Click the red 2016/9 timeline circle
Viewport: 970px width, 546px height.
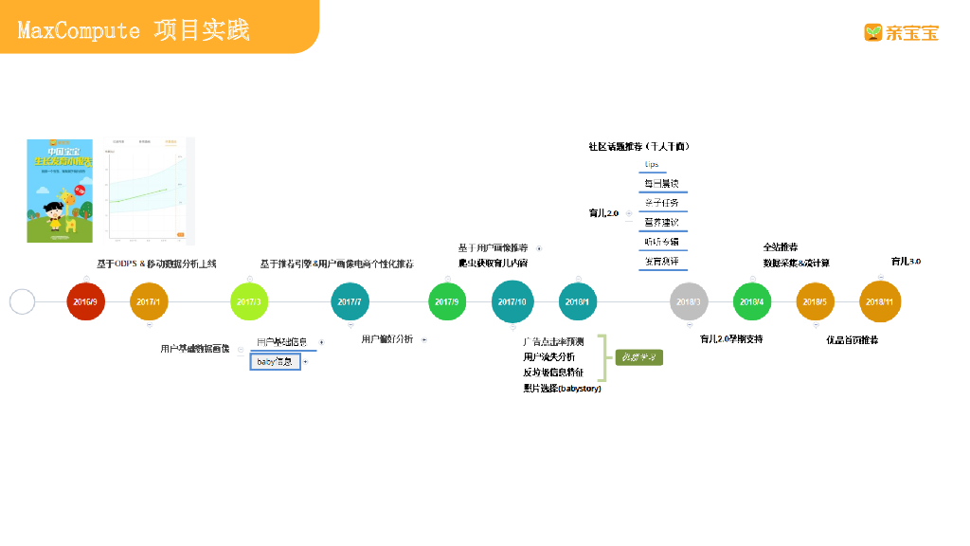click(85, 301)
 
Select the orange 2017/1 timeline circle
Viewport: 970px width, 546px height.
click(149, 301)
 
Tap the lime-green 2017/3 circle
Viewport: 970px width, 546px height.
click(250, 301)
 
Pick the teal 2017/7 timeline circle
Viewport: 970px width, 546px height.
click(350, 301)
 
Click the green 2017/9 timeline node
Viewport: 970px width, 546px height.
click(447, 301)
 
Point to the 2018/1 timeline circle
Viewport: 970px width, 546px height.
click(577, 301)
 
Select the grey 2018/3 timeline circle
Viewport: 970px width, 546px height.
click(689, 301)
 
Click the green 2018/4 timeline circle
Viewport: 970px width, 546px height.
click(751, 301)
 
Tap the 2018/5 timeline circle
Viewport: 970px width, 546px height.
click(815, 301)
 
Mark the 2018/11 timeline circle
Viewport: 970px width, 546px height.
click(879, 301)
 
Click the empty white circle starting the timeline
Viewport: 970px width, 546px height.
click(22, 301)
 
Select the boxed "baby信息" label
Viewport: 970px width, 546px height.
click(276, 361)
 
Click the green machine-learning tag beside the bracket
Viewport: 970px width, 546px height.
click(639, 357)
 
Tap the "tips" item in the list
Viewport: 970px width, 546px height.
click(652, 164)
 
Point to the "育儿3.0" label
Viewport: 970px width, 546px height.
click(906, 261)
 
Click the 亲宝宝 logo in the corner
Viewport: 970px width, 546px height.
click(901, 32)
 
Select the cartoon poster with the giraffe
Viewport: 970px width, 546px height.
click(60, 191)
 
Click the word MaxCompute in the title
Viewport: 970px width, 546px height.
click(79, 30)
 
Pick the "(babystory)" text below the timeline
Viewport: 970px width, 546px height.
click(579, 389)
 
